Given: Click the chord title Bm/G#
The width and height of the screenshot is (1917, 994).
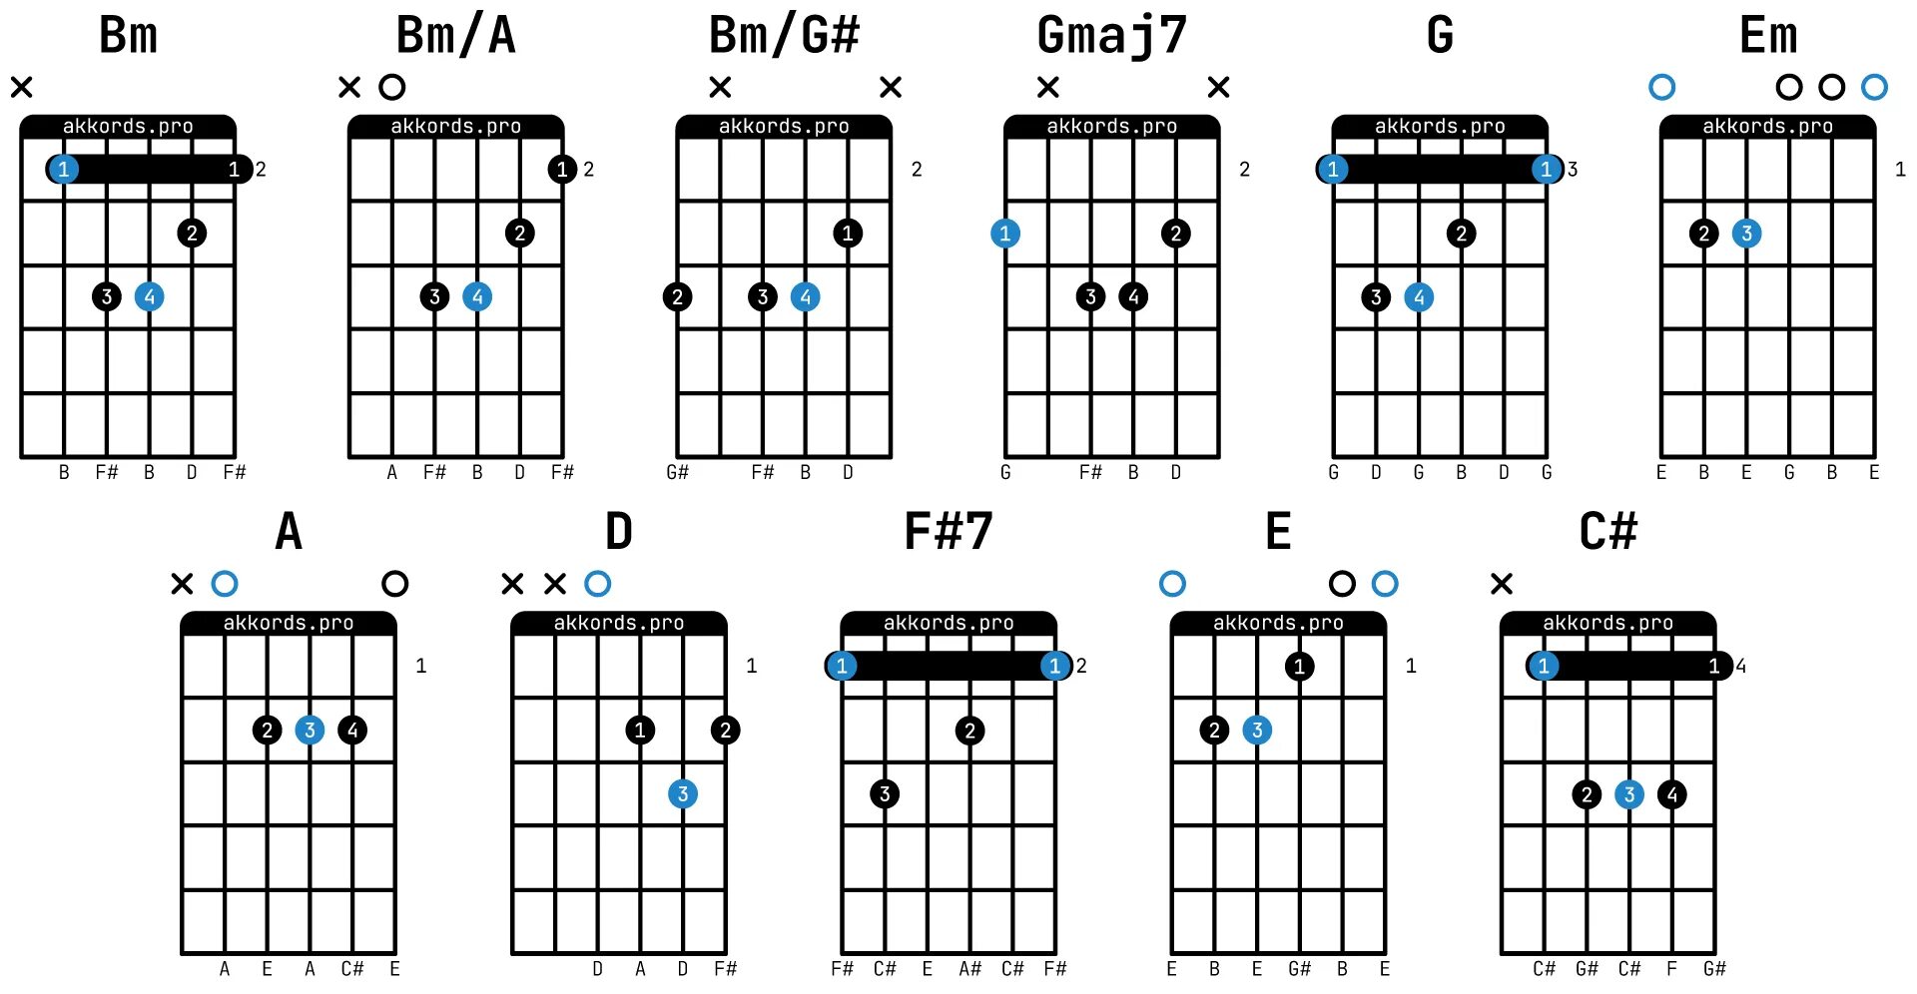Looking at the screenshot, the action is pyautogui.click(x=784, y=36).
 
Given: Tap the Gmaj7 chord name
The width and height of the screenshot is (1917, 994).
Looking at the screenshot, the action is pyautogui.click(x=1111, y=36).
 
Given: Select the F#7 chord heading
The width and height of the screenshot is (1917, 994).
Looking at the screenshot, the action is pyautogui.click(x=948, y=531).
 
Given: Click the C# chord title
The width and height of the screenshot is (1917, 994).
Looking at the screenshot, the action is pyautogui.click(x=1607, y=531).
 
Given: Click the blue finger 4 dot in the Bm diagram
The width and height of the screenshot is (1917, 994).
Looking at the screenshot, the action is pyautogui.click(x=150, y=296).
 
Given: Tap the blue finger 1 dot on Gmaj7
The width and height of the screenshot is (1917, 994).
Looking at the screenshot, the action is pyautogui.click(x=1005, y=234).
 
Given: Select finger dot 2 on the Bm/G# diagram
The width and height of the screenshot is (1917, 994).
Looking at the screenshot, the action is pyautogui.click(x=678, y=296).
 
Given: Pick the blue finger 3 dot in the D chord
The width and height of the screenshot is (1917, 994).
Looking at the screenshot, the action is pyautogui.click(x=683, y=794).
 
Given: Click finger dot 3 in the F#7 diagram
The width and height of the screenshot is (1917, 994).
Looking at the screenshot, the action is pyautogui.click(x=885, y=794).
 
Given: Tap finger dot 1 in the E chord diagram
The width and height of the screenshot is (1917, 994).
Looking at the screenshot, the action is pyautogui.click(x=1299, y=666).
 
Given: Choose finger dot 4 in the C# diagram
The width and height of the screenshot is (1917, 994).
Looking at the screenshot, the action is pyautogui.click(x=1672, y=794).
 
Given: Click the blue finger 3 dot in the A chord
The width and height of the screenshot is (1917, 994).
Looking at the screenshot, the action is pyautogui.click(x=310, y=731).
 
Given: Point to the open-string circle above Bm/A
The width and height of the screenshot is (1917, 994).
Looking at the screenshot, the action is pyautogui.click(x=392, y=88).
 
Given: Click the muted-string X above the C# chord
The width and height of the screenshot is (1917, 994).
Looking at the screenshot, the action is pyautogui.click(x=1502, y=584).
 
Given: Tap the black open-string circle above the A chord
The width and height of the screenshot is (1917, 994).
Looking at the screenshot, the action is pyautogui.click(x=395, y=584).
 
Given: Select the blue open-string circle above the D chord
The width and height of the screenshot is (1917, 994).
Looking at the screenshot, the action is pyautogui.click(x=598, y=584).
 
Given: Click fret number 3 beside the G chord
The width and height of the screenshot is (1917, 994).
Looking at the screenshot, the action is pyautogui.click(x=1573, y=170).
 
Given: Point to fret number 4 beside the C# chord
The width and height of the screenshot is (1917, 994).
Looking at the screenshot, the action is pyautogui.click(x=1741, y=666).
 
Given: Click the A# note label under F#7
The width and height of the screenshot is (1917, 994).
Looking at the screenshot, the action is pyautogui.click(x=969, y=969).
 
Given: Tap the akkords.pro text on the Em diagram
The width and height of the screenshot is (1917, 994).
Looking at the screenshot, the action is pyautogui.click(x=1767, y=127).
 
